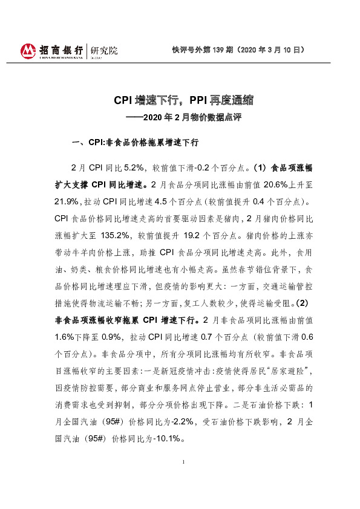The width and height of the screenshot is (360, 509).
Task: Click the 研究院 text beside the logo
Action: click(103, 50)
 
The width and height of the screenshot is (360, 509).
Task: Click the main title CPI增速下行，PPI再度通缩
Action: click(184, 99)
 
